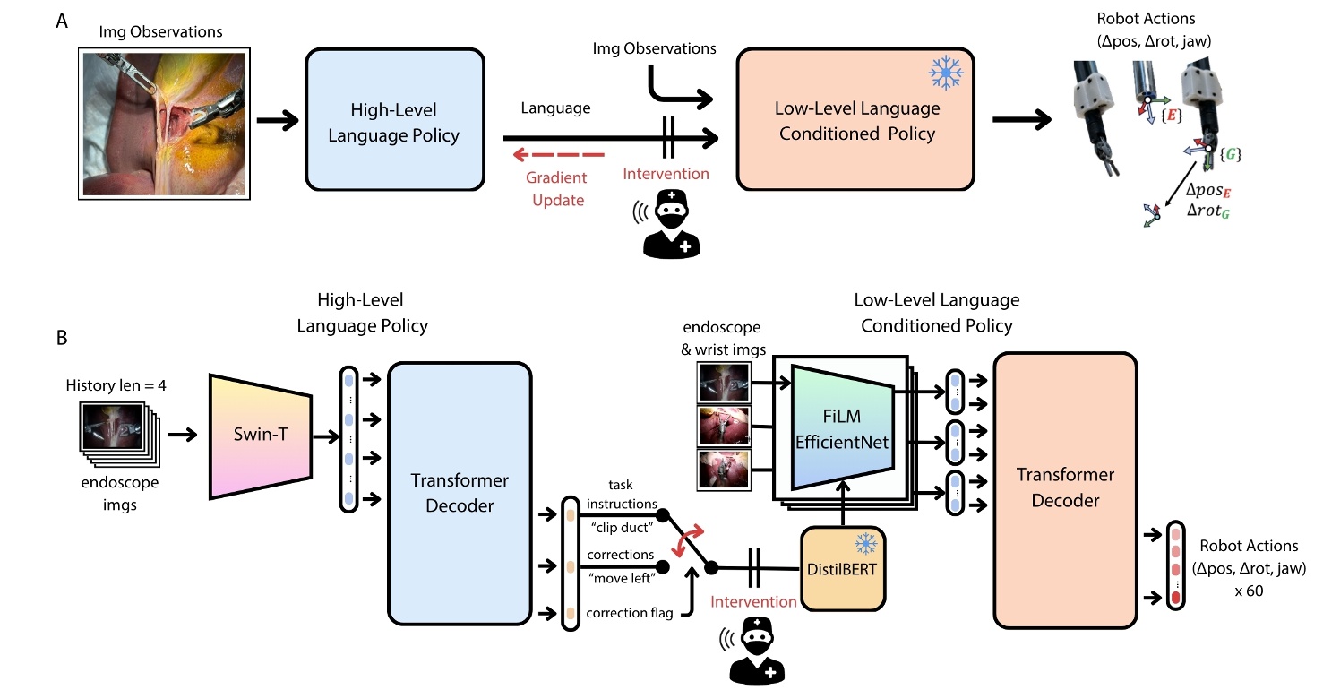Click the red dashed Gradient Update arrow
pos(547,154)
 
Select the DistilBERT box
pos(842,569)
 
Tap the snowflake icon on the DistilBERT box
pos(865,544)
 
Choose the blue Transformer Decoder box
pos(460,493)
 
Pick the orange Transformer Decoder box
pos(1065,488)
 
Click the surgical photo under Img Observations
pos(163,123)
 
